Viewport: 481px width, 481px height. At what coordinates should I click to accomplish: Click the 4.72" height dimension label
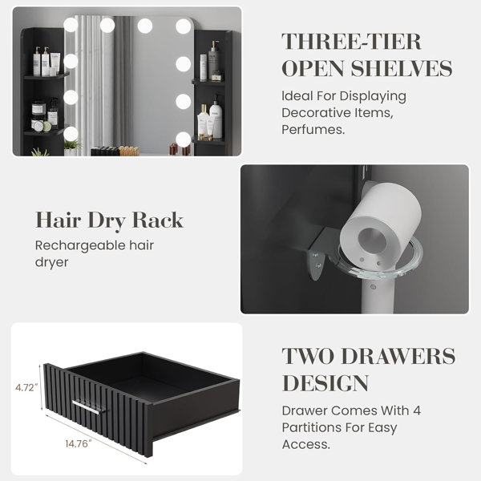[x=26, y=388]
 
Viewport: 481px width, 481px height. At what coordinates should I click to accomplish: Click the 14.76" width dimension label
[x=79, y=443]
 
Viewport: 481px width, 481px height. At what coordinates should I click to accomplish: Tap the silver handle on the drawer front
[x=87, y=406]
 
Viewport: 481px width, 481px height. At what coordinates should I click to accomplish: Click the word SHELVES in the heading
[x=402, y=68]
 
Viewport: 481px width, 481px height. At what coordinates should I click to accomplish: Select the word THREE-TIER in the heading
[x=351, y=42]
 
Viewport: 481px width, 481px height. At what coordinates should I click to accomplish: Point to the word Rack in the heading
[x=158, y=220]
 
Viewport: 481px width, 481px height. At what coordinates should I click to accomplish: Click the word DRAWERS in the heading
[x=398, y=356]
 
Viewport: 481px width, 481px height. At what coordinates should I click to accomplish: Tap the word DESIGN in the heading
[x=325, y=383]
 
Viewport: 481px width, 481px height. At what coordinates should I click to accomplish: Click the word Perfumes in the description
[x=313, y=129]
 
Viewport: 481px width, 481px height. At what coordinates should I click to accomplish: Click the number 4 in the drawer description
[x=416, y=410]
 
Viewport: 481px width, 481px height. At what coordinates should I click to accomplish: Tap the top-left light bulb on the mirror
[x=71, y=25]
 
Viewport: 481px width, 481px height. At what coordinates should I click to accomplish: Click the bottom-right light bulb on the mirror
[x=183, y=139]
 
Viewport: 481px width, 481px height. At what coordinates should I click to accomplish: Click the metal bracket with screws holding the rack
[x=317, y=256]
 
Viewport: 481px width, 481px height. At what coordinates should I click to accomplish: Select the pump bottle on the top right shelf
[x=213, y=60]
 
